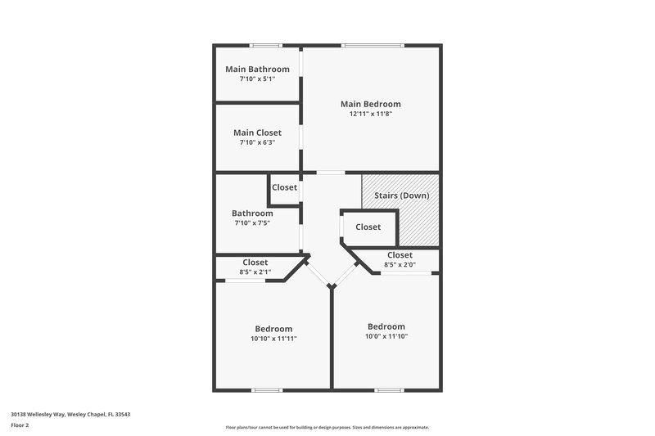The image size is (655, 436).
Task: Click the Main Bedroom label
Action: [371, 104]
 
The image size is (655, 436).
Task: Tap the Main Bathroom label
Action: [257, 69]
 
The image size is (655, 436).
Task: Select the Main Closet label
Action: [257, 133]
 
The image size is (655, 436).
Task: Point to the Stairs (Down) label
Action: [401, 196]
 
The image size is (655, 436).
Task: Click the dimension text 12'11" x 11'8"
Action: [371, 115]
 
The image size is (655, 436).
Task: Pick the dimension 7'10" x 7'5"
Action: [252, 222]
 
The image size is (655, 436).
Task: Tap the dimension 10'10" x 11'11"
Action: [273, 338]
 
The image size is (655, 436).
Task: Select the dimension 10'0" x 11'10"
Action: [386, 335]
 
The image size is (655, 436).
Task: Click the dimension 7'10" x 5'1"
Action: [257, 79]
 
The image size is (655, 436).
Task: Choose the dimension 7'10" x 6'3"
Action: [257, 142]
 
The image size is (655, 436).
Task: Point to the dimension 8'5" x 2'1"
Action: [255, 272]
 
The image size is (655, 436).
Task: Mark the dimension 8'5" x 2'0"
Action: [400, 264]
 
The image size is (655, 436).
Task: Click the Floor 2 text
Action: [20, 425]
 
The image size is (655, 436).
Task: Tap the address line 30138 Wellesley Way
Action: [70, 414]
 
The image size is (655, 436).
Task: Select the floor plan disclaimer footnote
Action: [327, 427]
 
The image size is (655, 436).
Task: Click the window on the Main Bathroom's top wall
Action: [265, 45]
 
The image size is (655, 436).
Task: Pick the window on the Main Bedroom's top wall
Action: [373, 45]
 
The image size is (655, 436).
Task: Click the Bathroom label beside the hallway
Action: [252, 213]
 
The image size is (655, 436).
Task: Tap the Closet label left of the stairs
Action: [368, 227]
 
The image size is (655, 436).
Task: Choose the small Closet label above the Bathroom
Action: [284, 187]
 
